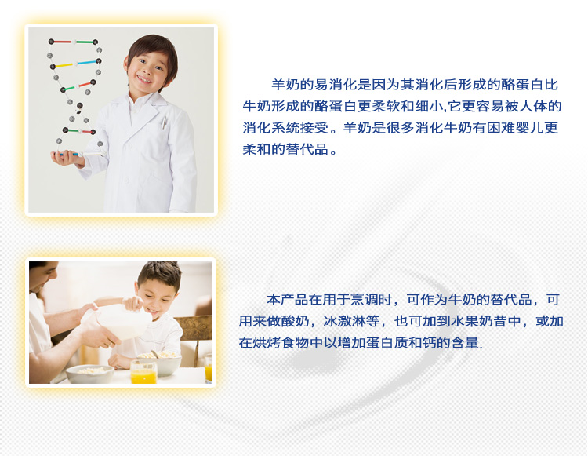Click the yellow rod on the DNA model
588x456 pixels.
(x=64, y=65)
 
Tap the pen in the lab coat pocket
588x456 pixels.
(x=164, y=122)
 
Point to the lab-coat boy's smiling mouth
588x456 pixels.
(x=144, y=79)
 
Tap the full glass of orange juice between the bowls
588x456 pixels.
(x=143, y=372)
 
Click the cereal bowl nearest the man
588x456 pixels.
(x=90, y=374)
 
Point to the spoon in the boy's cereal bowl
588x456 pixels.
(x=155, y=354)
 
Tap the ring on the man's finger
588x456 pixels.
(x=109, y=344)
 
